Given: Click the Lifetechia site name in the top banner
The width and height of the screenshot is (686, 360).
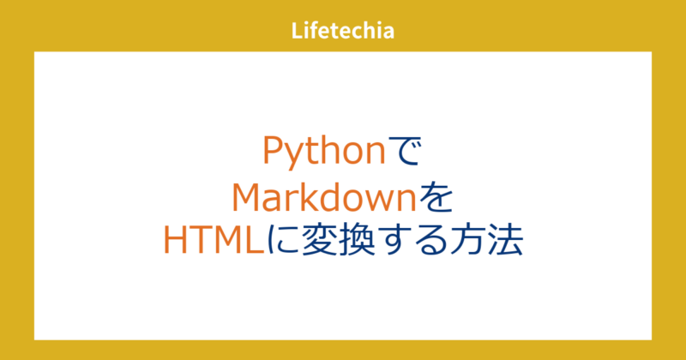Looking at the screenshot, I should pyautogui.click(x=342, y=33).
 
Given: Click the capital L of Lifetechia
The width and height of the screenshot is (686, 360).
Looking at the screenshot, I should pyautogui.click(x=297, y=33).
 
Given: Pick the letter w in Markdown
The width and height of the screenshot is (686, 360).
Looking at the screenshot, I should pyautogui.click(x=379, y=198).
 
